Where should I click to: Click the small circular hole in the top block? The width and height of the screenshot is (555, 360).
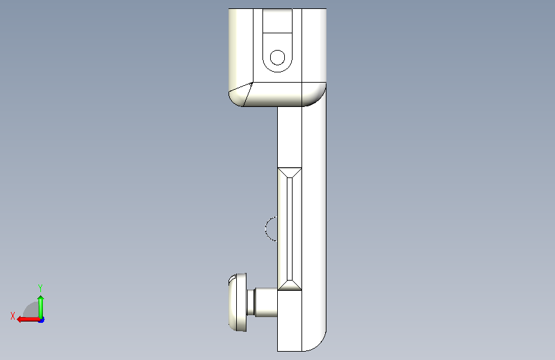(x=277, y=58)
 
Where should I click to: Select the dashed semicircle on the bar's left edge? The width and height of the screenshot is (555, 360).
(x=266, y=229)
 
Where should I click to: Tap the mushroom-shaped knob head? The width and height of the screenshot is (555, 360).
(x=237, y=302)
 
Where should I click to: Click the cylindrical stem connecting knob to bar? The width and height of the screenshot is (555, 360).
(x=266, y=302)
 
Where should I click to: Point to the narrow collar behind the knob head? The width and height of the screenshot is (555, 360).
(x=250, y=302)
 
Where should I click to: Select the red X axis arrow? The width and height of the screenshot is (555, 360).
(x=28, y=319)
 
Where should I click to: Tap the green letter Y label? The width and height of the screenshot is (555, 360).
(x=40, y=288)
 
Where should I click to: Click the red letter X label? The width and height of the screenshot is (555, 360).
(x=13, y=316)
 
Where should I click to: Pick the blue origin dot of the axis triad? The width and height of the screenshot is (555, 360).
(x=42, y=320)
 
